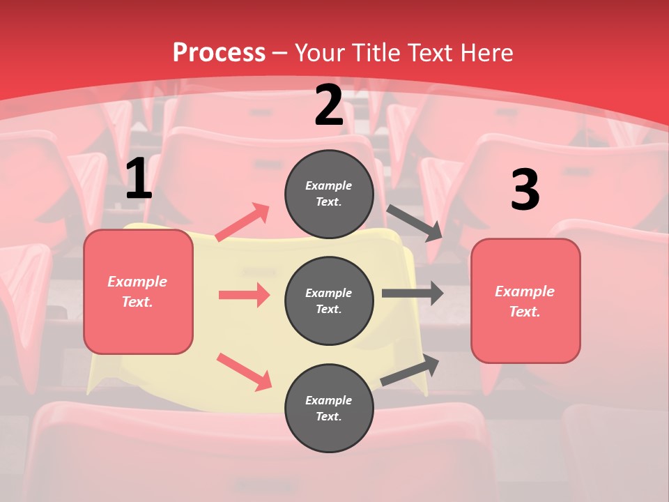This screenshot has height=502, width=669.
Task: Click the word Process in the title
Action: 219,52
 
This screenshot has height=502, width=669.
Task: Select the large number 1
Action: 139,179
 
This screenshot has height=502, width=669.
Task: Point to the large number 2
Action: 329,106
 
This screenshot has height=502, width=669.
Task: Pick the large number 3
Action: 525,190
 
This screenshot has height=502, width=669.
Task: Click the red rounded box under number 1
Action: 138,291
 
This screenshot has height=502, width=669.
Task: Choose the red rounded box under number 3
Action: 525,301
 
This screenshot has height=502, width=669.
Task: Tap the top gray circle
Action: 329,194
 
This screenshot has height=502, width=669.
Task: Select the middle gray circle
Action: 329,301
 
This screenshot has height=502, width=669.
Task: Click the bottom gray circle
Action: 329,408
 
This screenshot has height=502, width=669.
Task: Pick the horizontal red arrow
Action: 244,295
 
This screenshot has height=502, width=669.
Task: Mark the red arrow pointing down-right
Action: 244,372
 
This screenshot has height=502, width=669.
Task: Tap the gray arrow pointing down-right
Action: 415,223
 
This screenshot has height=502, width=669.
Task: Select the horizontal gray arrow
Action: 413,293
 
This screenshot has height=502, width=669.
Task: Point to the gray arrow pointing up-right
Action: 410,370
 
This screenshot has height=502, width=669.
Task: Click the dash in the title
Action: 280,53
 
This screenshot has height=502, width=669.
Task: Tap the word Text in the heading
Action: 430,52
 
